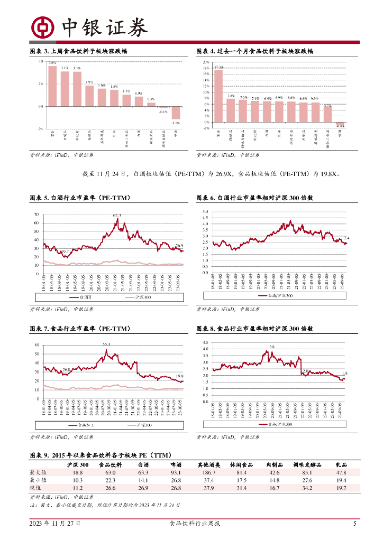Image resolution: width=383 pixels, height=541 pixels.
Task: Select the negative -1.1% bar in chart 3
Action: [x=176, y=112]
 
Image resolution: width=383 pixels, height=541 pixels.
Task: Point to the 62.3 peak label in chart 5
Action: [x=117, y=216]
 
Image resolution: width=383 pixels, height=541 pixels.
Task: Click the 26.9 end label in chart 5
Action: [x=179, y=246]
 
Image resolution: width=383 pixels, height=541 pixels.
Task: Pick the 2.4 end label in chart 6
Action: [x=346, y=238]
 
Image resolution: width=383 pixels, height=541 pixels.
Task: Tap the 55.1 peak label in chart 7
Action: [x=106, y=344]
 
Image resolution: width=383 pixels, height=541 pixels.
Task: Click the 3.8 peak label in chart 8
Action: [x=272, y=347]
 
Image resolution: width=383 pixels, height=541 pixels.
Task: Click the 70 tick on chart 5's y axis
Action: [x=37, y=214]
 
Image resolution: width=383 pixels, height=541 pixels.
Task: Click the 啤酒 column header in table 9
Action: [x=176, y=464]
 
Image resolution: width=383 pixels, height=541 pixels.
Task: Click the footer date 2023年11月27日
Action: [x=54, y=524]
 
